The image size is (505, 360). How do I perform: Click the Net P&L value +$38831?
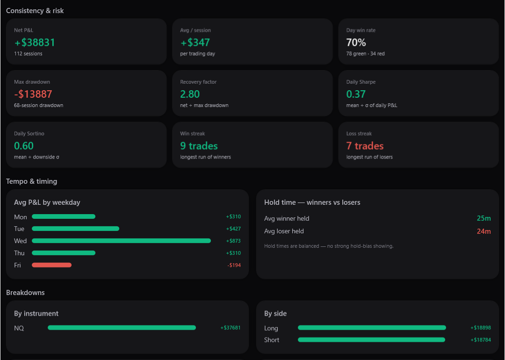point(35,43)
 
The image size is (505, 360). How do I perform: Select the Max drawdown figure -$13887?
point(33,94)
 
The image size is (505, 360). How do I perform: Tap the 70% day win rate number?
point(356,43)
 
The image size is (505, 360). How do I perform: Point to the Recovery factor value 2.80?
point(190,94)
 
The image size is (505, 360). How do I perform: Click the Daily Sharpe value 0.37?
point(356,94)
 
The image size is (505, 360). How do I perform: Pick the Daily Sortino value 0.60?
point(24,146)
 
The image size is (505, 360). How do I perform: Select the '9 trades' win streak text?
point(199,146)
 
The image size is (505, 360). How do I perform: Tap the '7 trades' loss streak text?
point(365,146)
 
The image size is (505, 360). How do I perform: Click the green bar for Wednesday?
point(122,241)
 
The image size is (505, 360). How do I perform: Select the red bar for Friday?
point(51,265)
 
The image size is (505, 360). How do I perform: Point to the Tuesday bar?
point(75,229)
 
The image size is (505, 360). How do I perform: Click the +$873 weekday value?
point(233,241)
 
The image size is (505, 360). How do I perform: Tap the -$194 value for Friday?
point(234,266)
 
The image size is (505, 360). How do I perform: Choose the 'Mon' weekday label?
point(20,217)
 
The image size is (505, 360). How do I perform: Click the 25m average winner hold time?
point(484,218)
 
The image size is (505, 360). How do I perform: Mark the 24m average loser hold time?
point(484,231)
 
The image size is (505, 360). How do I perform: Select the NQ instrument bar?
point(122,327)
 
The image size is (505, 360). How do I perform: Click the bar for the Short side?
point(371,340)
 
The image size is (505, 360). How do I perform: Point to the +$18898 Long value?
point(481,328)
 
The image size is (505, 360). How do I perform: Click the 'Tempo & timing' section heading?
point(32,181)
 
